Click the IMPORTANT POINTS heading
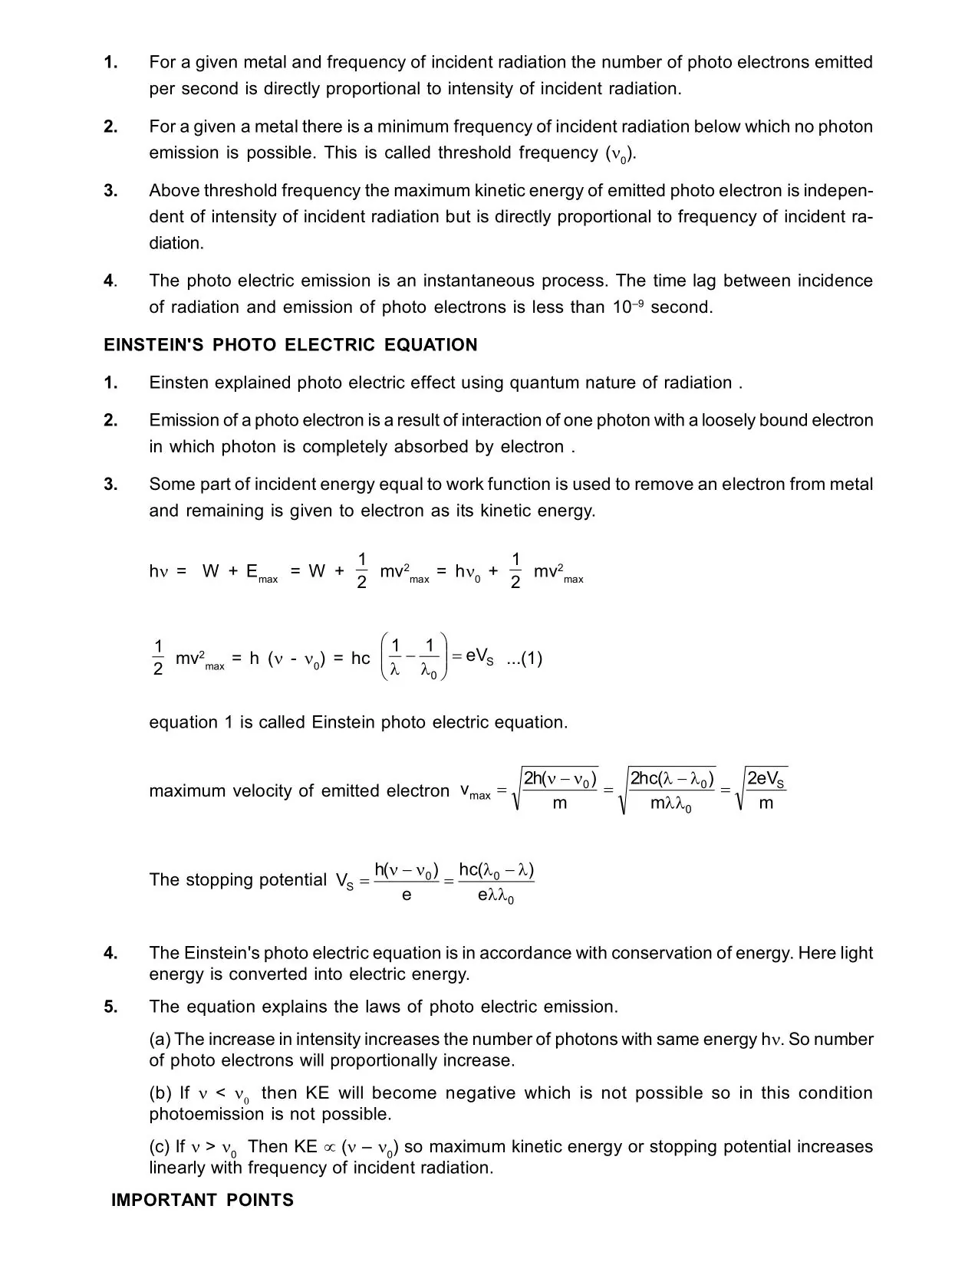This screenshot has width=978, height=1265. point(203,1200)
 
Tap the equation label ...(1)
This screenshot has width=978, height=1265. point(525,659)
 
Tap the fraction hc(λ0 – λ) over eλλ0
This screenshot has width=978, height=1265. point(496,882)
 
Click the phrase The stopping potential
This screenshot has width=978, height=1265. point(238,879)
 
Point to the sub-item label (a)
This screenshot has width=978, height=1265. point(160,1040)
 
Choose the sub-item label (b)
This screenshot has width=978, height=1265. point(160,1093)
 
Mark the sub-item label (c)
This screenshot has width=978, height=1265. point(160,1147)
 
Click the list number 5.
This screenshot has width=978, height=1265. point(111,1007)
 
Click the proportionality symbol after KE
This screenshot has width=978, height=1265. point(330,1148)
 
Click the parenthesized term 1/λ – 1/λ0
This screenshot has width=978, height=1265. point(413,658)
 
